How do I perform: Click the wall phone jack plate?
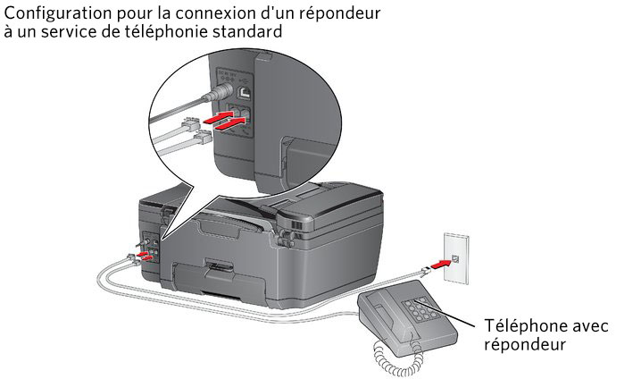pos(456,258)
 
